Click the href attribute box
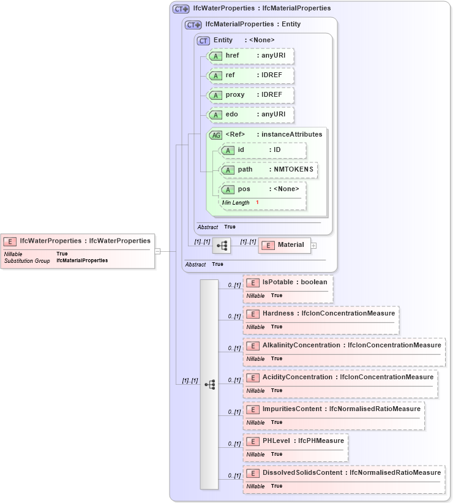coord(250,56)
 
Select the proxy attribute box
coord(250,95)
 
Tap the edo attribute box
coord(250,115)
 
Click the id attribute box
coord(263,150)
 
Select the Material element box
coord(284,245)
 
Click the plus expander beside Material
coord(314,246)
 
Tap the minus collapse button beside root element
coord(157,251)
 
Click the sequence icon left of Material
coord(221,246)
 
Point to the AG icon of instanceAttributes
coord(215,135)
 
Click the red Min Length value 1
coord(257,203)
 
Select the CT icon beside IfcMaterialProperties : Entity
coord(193,25)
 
